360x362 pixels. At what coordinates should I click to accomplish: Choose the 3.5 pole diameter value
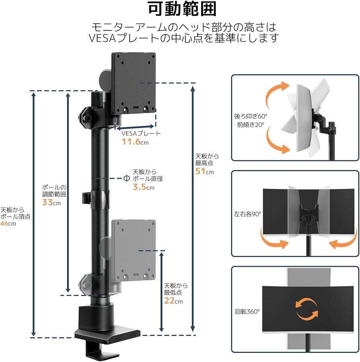tap(139, 187)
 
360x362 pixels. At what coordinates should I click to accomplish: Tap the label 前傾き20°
tap(251, 125)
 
